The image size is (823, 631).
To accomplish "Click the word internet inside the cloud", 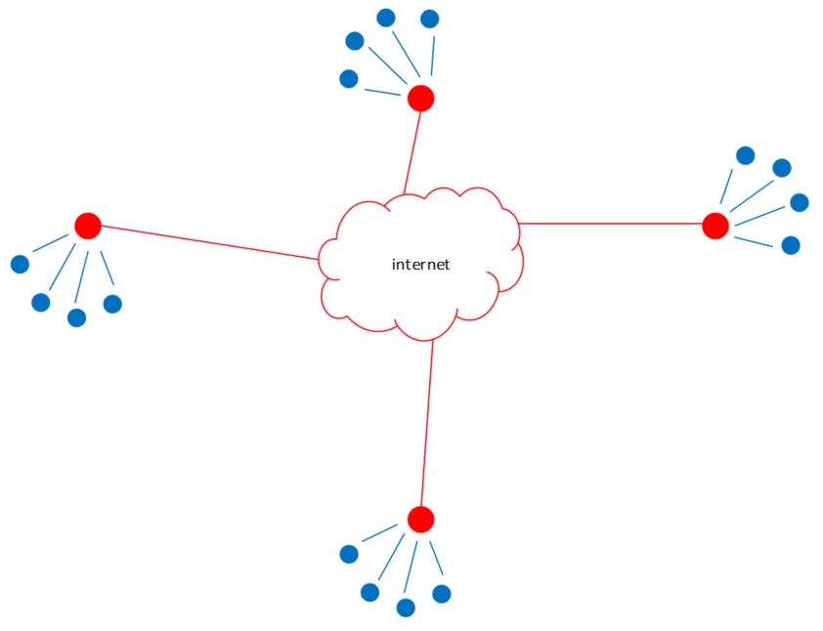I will tap(420, 265).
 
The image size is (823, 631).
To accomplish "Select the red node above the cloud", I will tap(420, 98).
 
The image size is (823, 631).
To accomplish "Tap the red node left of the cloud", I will tap(88, 226).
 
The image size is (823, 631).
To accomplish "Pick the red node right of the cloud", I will tap(715, 226).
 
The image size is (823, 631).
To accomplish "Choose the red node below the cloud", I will tap(420, 520).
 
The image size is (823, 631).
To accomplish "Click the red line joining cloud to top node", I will tap(411, 151).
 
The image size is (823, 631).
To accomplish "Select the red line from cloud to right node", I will tap(611, 224).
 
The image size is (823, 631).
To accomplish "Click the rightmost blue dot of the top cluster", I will tap(429, 19).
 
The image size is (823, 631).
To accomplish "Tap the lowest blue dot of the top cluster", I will tap(348, 79).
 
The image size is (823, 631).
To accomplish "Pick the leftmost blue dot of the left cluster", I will tap(20, 264).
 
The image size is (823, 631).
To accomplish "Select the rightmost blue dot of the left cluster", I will tap(112, 304).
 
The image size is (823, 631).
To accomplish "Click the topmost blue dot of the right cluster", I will tap(745, 155).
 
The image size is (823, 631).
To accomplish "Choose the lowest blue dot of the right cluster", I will tap(791, 245).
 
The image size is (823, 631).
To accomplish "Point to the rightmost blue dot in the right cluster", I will tap(800, 202).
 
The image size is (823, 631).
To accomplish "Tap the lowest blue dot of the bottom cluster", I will tap(406, 608).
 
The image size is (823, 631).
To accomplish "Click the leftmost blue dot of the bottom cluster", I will tap(349, 554).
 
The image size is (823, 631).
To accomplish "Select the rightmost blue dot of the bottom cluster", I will tap(442, 593).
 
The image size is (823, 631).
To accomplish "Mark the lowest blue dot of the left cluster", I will tap(76, 317).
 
